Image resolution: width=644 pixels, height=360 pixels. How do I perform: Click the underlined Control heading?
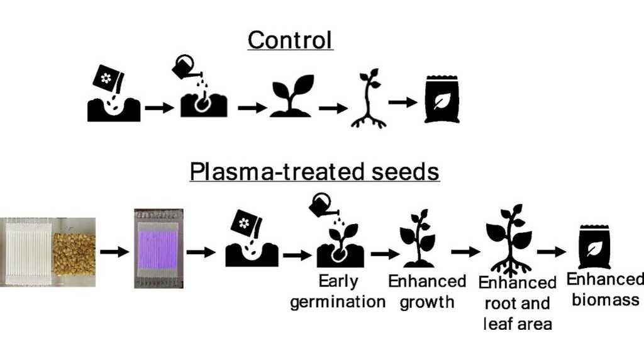click(x=290, y=40)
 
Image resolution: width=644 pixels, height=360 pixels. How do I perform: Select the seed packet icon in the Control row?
click(x=108, y=77)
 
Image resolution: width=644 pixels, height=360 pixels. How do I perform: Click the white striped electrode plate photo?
click(x=28, y=252)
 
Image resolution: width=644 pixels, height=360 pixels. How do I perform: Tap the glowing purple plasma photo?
click(x=158, y=249)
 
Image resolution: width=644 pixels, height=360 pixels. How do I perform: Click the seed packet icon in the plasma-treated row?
click(x=246, y=224)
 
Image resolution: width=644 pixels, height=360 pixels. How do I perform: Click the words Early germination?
click(x=338, y=291)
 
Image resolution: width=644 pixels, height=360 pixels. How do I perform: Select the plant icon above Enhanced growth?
click(x=418, y=238)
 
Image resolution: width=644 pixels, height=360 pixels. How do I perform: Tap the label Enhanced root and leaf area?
click(x=518, y=303)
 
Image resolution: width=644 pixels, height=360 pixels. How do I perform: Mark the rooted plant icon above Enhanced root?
click(x=509, y=240)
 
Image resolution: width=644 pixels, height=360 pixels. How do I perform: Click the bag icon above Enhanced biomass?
click(x=594, y=247)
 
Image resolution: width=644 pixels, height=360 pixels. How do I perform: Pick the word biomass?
click(x=606, y=300)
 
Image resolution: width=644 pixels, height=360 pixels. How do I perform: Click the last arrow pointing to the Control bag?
click(x=402, y=102)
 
